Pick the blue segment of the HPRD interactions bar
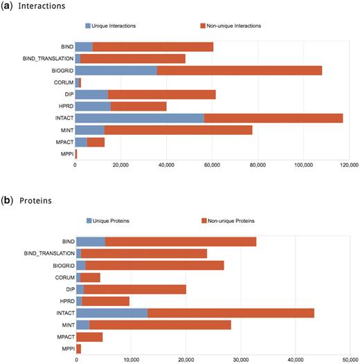click(x=93, y=106)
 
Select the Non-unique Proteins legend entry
click(x=227, y=220)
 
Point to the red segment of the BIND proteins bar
click(x=181, y=241)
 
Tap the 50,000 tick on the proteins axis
click(x=350, y=359)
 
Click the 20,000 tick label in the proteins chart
click(x=186, y=359)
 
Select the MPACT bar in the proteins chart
click(x=89, y=336)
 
